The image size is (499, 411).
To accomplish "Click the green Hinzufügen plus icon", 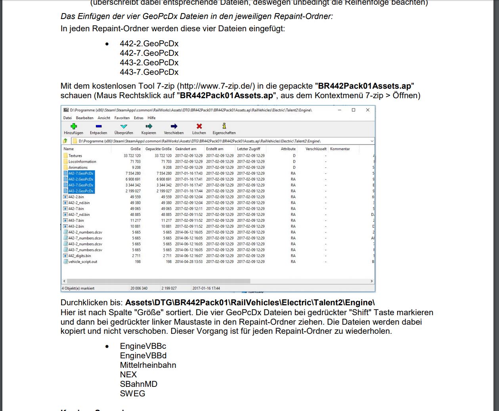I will [x=73, y=126].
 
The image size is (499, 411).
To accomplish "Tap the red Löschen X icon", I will [x=199, y=126].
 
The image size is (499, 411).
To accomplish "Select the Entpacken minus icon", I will [x=98, y=126].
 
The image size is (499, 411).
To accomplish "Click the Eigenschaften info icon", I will [x=224, y=126].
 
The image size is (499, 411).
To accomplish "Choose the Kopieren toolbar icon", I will [x=149, y=126].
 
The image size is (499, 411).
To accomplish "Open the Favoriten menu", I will [x=122, y=118].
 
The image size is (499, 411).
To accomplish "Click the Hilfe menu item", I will [x=151, y=118].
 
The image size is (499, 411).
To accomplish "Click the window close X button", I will [x=367, y=110].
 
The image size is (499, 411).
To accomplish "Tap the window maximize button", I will [x=354, y=110].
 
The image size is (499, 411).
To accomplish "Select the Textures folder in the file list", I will [x=75, y=156].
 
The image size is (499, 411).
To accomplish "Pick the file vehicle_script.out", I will [x=82, y=262].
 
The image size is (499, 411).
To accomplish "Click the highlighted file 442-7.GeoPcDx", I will [x=81, y=173].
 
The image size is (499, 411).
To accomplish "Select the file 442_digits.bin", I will [x=79, y=256].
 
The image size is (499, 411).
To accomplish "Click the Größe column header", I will [x=136, y=149].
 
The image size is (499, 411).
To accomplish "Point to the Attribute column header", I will [x=288, y=149].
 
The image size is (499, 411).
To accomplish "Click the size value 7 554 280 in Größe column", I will [x=133, y=173].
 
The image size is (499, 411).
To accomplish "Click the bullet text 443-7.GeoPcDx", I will [x=149, y=72].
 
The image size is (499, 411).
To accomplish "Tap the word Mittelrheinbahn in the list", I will [x=148, y=365].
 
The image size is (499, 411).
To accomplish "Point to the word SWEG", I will [x=132, y=394].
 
